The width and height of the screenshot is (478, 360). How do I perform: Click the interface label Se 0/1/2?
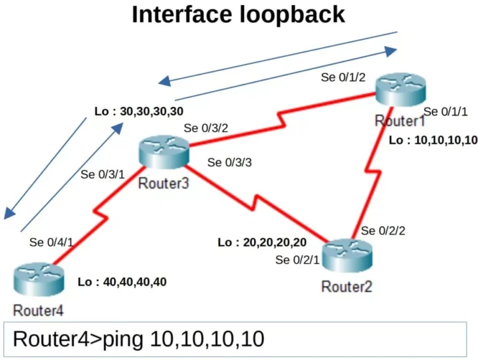343,77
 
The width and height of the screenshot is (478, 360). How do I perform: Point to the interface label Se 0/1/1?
446,112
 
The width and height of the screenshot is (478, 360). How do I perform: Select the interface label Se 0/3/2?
206,129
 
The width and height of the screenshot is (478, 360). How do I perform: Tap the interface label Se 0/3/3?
230,163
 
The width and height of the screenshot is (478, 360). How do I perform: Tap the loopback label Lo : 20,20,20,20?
262,242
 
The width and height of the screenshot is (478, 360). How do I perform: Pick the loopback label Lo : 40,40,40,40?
122,282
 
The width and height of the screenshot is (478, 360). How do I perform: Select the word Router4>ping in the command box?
78,339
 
